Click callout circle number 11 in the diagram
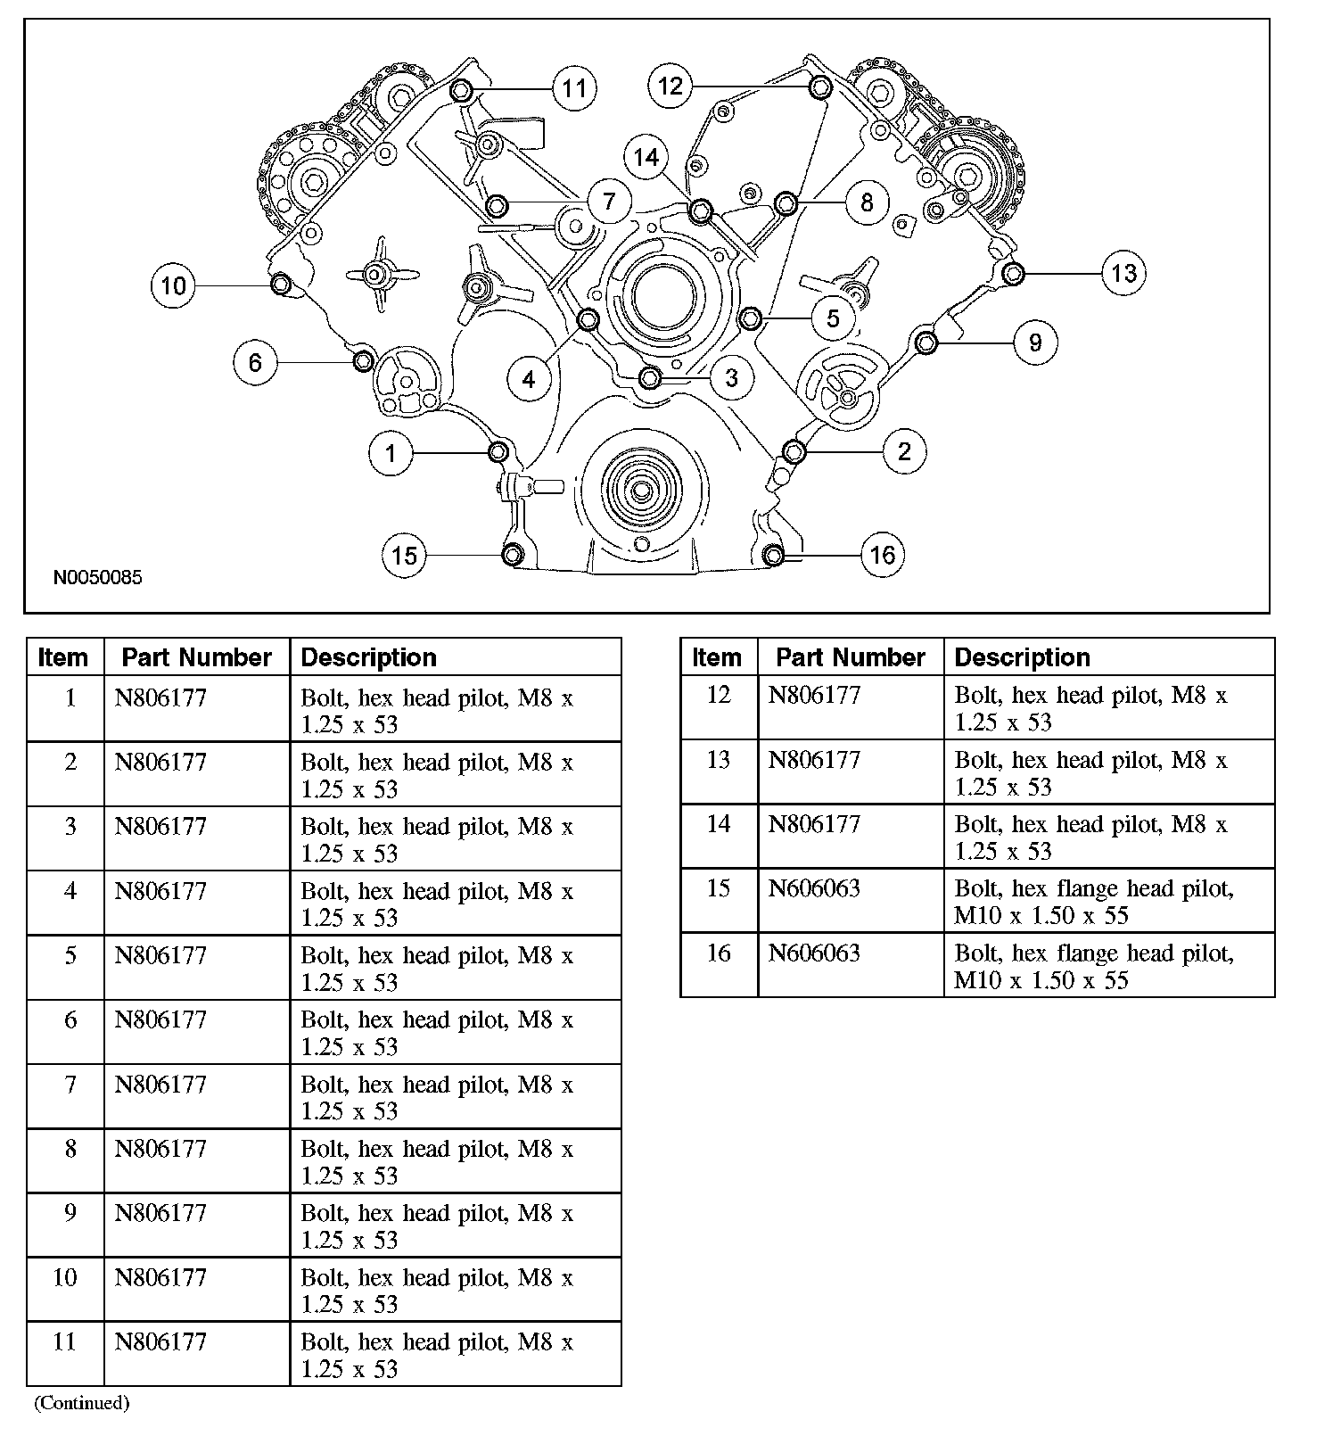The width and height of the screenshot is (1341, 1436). (x=574, y=88)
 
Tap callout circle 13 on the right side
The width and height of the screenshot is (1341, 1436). (x=1123, y=272)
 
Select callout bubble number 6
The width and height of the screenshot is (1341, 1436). (x=256, y=362)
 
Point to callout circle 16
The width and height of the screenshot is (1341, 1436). (x=882, y=555)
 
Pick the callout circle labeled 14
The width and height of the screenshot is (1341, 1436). (x=646, y=158)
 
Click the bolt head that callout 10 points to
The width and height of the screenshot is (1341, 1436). (x=280, y=285)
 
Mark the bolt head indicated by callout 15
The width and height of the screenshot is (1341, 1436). (x=513, y=555)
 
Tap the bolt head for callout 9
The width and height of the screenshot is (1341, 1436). (x=926, y=342)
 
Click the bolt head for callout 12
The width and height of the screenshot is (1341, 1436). (x=820, y=87)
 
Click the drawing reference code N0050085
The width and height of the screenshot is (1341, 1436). (x=97, y=577)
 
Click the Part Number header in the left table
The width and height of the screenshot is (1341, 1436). (x=196, y=657)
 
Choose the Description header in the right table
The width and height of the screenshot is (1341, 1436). (x=1022, y=657)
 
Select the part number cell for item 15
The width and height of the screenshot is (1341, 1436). (x=814, y=888)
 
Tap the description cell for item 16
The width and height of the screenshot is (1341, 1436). (x=1094, y=966)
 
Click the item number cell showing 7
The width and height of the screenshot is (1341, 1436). (x=70, y=1085)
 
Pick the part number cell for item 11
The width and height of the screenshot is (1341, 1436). (x=160, y=1341)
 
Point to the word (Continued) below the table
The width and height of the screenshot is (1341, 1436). (x=82, y=1403)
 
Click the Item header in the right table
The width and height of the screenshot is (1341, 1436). (x=717, y=657)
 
